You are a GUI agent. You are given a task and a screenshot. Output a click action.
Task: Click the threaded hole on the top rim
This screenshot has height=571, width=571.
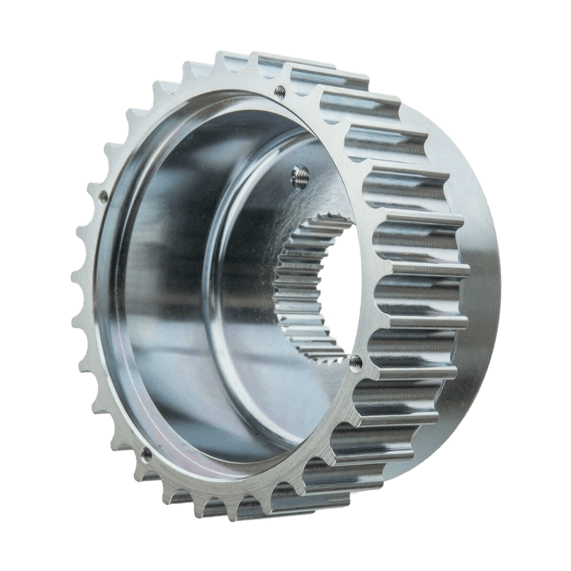[281, 89]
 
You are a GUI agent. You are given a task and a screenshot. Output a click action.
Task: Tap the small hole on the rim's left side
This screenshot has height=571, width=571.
[104, 196]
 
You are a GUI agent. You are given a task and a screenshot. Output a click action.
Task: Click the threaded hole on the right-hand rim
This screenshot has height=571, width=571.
[355, 359]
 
